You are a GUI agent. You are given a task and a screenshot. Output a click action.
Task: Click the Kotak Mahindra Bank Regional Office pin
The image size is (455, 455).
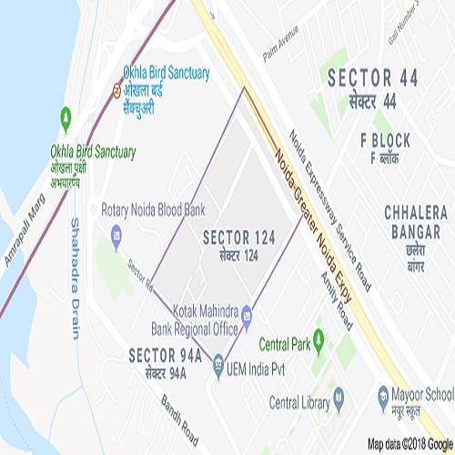tap(247, 312)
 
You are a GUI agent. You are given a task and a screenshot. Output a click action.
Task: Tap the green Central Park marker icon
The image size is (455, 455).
tap(318, 332)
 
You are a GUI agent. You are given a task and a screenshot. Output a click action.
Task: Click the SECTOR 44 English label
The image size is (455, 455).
tap(373, 78)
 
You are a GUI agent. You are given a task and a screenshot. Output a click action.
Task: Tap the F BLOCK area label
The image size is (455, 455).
tap(385, 140)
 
